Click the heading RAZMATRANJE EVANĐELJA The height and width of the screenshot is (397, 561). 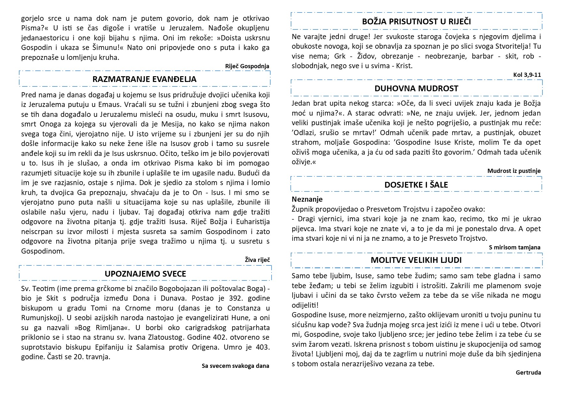coord(144,79)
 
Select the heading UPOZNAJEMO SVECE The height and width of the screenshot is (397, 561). coord(145,274)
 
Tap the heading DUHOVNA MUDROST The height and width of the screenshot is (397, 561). coord(416,88)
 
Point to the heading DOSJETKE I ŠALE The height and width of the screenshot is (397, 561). coord(416,185)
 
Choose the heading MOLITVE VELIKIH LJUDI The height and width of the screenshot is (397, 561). coord(416,260)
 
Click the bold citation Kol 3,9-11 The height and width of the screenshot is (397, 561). coord(527,75)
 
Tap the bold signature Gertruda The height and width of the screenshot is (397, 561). coord(528,373)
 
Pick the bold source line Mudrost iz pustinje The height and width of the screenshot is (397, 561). coord(514,171)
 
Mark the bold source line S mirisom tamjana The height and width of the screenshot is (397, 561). coord(515,247)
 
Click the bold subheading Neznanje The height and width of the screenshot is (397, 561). coord(307,199)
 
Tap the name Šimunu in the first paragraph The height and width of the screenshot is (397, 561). coord(107,48)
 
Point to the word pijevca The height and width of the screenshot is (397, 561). coord(304,229)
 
